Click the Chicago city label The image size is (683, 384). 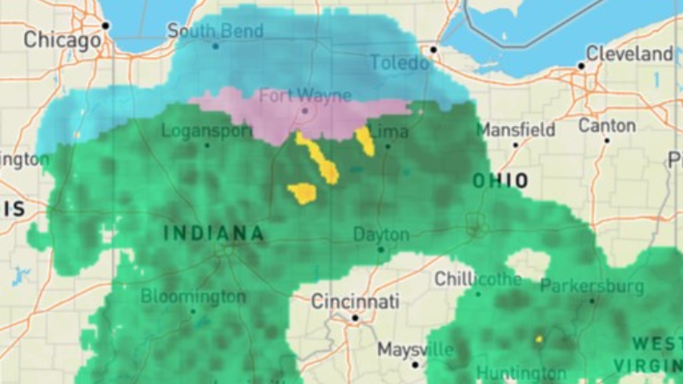[62, 39]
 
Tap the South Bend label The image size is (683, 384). [215, 31]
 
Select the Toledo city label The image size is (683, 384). [399, 63]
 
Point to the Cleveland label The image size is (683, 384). [630, 53]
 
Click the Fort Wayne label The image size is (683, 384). [305, 95]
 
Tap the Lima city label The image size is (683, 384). [389, 131]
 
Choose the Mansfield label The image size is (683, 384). [516, 129]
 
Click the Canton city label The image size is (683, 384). [607, 125]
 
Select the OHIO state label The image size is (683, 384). [501, 181]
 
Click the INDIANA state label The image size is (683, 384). [214, 234]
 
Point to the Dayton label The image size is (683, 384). [381, 234]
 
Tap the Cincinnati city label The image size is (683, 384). [356, 302]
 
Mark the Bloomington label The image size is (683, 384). [193, 297]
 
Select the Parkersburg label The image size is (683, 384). [592, 286]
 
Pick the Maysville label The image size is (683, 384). [416, 350]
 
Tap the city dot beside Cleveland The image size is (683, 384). [581, 66]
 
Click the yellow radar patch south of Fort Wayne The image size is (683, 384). [302, 192]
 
